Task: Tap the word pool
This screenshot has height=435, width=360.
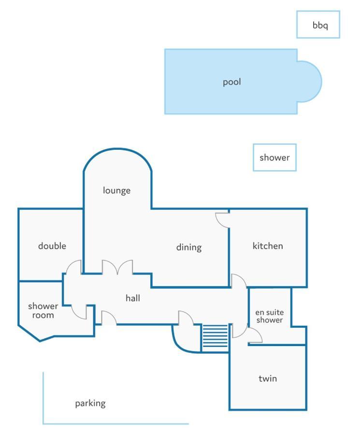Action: (232, 82)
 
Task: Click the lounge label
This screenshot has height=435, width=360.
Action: (116, 190)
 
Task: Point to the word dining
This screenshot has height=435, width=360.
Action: (189, 247)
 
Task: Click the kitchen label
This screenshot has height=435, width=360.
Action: (268, 246)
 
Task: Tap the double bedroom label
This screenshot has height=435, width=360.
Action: (52, 246)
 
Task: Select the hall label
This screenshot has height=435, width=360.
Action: (132, 298)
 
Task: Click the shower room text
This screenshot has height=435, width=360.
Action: (43, 310)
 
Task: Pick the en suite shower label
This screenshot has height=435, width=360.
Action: (269, 316)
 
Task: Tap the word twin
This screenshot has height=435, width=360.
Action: (268, 378)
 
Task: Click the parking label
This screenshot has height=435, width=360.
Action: (90, 404)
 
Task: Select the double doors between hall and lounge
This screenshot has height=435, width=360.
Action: (117, 267)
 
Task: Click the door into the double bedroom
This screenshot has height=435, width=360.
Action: (74, 267)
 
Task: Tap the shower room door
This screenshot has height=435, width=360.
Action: (79, 312)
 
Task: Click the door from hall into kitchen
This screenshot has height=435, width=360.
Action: (239, 280)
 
